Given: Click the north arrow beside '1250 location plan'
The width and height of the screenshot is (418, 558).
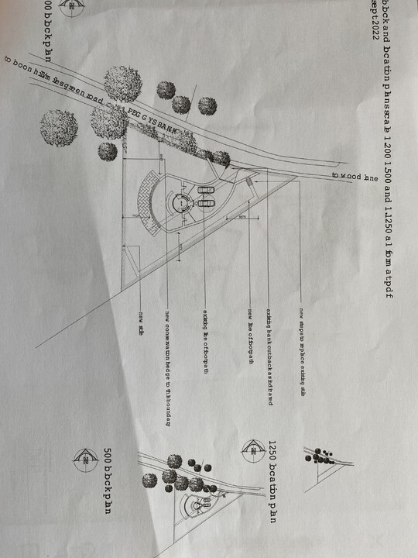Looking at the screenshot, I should coord(252,448).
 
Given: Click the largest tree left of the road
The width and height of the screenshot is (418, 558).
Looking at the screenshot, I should coord(60,128).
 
